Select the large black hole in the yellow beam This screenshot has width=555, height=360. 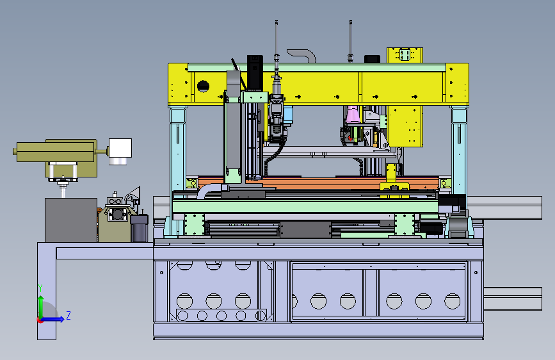click(203, 86)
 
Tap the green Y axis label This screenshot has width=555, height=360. click(40, 288)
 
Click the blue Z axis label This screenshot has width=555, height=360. click(68, 315)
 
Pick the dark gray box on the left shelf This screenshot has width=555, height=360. click(71, 220)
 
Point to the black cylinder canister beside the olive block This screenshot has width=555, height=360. click(139, 229)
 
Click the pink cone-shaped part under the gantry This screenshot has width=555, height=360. click(353, 115)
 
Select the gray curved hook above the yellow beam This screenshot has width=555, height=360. click(302, 56)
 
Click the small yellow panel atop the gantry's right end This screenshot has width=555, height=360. click(405, 55)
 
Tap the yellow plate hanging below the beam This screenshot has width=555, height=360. click(405, 126)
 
